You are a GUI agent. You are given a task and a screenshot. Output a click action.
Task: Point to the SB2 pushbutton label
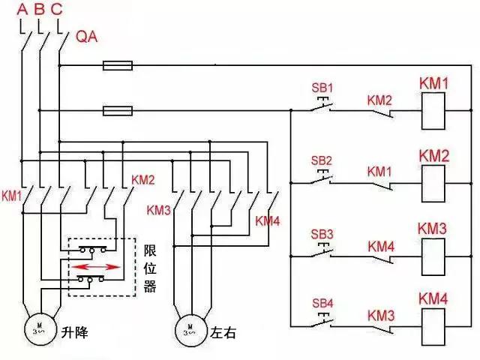322,160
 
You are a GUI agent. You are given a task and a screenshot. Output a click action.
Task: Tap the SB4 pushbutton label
322,304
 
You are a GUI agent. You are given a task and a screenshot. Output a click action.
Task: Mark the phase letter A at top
22,10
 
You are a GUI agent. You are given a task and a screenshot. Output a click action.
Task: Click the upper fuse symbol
118,66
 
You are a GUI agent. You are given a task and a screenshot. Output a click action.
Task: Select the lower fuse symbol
118,111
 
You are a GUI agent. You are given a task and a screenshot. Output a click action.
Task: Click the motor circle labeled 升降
37,328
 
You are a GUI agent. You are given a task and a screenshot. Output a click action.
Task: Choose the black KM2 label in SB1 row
379,99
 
